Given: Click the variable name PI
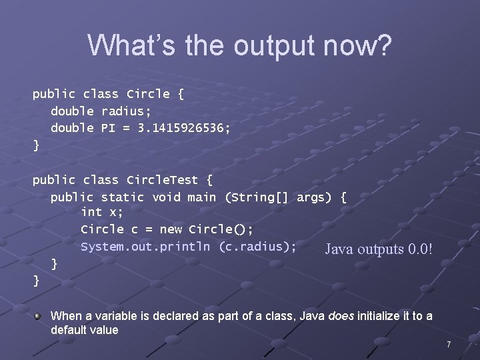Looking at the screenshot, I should [109, 127].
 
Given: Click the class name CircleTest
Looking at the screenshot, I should [163, 180].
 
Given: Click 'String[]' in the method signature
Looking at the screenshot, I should [265, 197].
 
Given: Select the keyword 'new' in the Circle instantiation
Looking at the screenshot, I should [171, 229].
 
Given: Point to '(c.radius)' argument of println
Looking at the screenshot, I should [257, 247].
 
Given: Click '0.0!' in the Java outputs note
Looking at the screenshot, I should [422, 250].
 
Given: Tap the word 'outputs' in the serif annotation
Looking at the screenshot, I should [381, 250].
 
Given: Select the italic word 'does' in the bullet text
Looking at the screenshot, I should [341, 316].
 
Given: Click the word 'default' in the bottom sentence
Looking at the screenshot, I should [71, 330].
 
